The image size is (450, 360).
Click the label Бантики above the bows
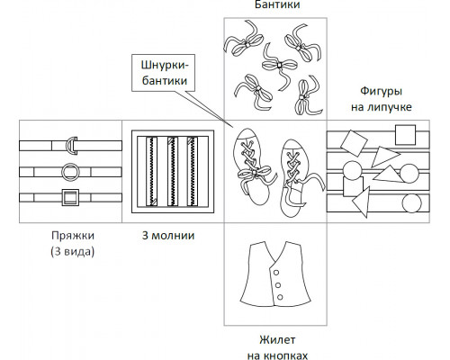[x=277, y=4]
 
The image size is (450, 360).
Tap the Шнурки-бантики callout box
[x=164, y=73]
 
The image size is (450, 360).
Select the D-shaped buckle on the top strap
[x=72, y=146]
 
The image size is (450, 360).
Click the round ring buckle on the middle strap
[x=70, y=172]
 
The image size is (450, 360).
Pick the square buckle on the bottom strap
[x=70, y=197]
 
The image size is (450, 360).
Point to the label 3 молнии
[x=168, y=236]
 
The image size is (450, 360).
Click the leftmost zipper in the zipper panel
[x=151, y=172]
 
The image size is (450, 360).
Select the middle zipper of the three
[x=172, y=172]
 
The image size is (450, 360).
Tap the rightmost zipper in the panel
[x=193, y=172]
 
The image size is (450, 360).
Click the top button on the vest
[x=276, y=273]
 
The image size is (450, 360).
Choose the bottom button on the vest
[x=280, y=297]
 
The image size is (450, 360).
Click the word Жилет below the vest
[x=277, y=340]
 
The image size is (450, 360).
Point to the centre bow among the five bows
[x=279, y=66]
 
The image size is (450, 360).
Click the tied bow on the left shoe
[x=256, y=176]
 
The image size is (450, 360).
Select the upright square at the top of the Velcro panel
[x=405, y=135]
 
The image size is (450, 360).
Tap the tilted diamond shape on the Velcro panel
[x=354, y=143]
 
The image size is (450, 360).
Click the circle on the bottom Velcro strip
[x=411, y=203]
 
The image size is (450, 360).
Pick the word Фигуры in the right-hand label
[x=381, y=91]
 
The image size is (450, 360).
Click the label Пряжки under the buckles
[x=73, y=236]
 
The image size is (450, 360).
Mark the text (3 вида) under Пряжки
[x=73, y=251]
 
